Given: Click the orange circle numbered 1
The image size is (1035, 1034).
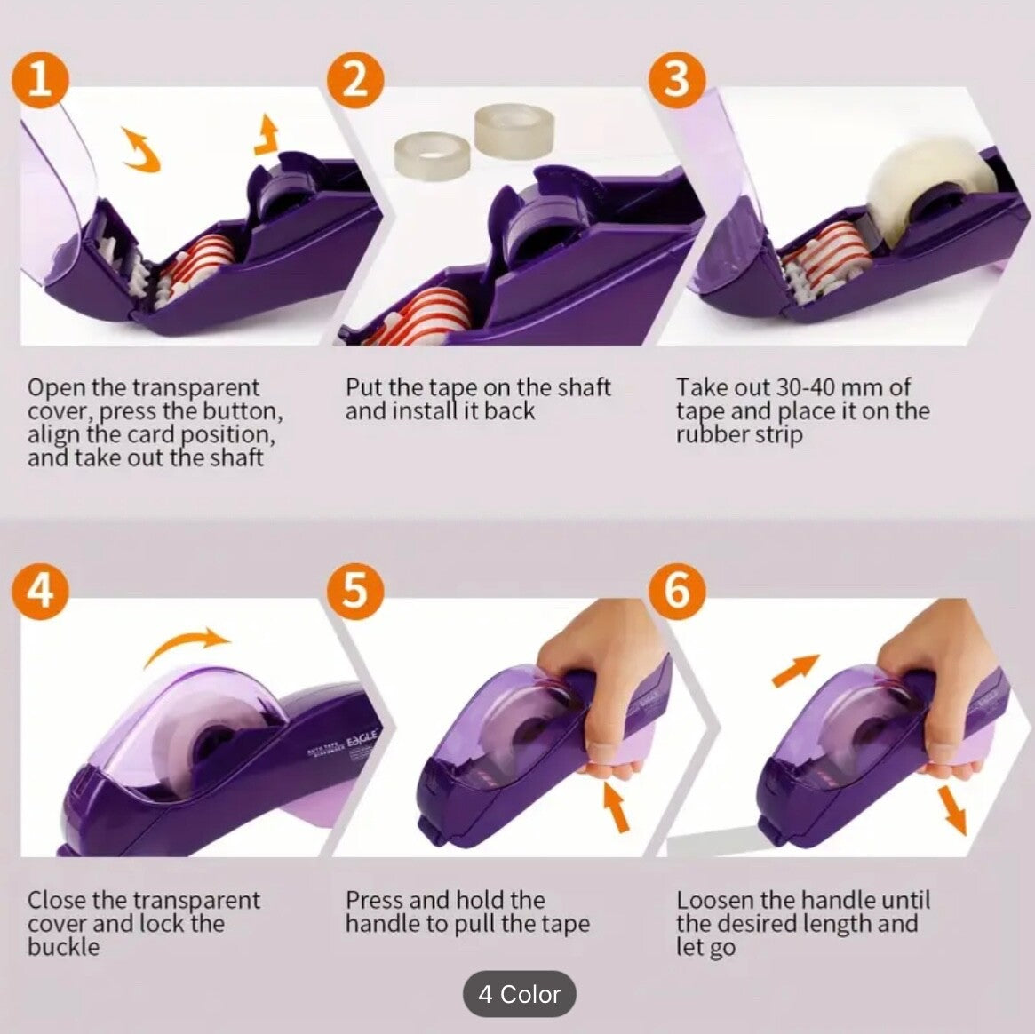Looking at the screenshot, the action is [40, 80].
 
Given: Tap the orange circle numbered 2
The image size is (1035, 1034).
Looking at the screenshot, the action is [355, 80].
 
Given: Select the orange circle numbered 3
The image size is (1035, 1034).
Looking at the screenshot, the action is [677, 80].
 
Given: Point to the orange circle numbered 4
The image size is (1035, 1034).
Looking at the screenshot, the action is [40, 591].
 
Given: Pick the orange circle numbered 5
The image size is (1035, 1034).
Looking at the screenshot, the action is [355, 591].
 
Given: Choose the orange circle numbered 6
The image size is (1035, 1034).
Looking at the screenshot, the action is [677, 591].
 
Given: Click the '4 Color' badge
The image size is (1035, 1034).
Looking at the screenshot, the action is [520, 994].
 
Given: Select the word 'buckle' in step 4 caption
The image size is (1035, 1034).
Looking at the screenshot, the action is [63, 947].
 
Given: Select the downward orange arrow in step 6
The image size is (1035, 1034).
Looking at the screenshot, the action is [951, 810].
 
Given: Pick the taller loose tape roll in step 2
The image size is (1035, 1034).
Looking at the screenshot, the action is [514, 131].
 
